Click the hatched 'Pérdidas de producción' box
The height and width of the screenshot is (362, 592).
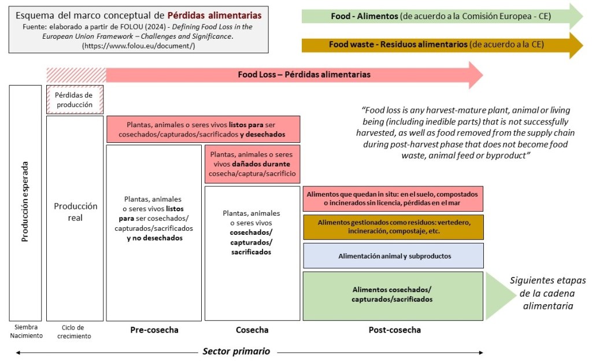75,99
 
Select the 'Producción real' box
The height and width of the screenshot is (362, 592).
75,212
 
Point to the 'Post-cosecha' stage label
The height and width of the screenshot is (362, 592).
394,330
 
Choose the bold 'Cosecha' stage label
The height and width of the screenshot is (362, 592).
252,330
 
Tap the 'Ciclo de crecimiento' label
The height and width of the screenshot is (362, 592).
75,331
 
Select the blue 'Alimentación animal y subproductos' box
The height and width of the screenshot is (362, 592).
393,256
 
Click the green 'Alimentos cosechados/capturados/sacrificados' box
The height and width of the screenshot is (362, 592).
393,295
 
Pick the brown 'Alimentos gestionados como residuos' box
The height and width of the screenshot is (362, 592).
393,227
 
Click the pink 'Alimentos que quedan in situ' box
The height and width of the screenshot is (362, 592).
393,198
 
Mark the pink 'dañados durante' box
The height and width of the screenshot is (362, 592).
253,164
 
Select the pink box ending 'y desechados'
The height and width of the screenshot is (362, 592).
203,130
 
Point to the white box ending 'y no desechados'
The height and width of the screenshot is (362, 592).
154,220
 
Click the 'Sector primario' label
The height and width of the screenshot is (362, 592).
236,351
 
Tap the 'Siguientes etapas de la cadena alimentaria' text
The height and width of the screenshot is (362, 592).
547,293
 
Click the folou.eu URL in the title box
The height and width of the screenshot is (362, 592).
138,45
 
